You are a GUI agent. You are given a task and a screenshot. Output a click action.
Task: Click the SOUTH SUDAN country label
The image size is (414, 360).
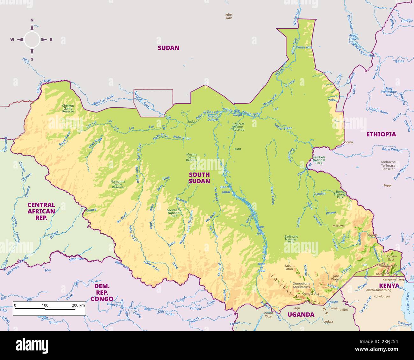pos(199,178)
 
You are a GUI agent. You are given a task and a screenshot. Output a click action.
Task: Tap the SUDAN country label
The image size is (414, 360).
pos(168,48)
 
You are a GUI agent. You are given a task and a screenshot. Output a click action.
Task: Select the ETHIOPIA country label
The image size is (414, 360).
pos(381,134)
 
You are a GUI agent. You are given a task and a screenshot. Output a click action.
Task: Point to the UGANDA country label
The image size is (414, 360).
pos(301,314)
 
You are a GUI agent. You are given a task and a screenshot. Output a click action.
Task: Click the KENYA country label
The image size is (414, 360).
pos(389,285)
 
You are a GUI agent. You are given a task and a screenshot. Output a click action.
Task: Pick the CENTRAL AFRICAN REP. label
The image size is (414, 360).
pos(41,211)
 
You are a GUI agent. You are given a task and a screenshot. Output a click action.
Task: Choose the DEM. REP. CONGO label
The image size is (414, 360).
pos(102,292)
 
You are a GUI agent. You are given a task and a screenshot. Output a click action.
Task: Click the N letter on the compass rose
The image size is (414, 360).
pos(32,20)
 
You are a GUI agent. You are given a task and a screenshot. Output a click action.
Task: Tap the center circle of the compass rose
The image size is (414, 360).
pos(32,40)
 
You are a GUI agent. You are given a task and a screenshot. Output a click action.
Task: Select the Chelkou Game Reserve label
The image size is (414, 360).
pos(68,108)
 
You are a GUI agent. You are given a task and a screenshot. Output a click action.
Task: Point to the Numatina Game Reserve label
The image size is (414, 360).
pos(118,184)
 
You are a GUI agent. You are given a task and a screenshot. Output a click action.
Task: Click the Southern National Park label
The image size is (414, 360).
pos(174,213)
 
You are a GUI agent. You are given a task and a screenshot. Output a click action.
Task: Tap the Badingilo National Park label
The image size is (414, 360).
pos(291,239)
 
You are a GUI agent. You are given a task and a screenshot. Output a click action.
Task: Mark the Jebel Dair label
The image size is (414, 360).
pos(229,16)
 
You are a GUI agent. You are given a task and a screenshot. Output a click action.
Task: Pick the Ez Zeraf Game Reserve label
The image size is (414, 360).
pos(239,127)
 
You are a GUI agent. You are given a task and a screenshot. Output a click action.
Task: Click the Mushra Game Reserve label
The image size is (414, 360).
pos(192,157)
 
